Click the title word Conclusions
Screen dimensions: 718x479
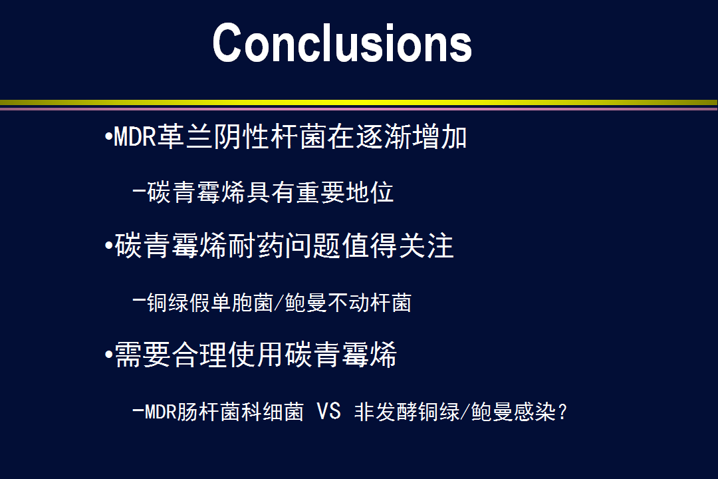point(342,43)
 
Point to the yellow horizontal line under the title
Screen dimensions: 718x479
point(358,102)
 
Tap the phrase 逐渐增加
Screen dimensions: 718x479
point(411,136)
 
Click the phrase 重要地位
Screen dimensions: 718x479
point(345,192)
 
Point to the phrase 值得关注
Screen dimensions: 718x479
point(398,245)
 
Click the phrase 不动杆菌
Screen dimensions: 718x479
point(369,303)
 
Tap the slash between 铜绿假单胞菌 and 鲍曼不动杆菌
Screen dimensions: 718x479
point(279,303)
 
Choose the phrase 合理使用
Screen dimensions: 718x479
point(227,355)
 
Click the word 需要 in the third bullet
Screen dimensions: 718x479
point(142,355)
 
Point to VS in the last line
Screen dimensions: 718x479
point(329,410)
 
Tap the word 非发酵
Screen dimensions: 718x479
point(386,411)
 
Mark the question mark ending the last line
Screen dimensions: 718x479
point(562,412)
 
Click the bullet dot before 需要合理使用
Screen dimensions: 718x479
point(108,355)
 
